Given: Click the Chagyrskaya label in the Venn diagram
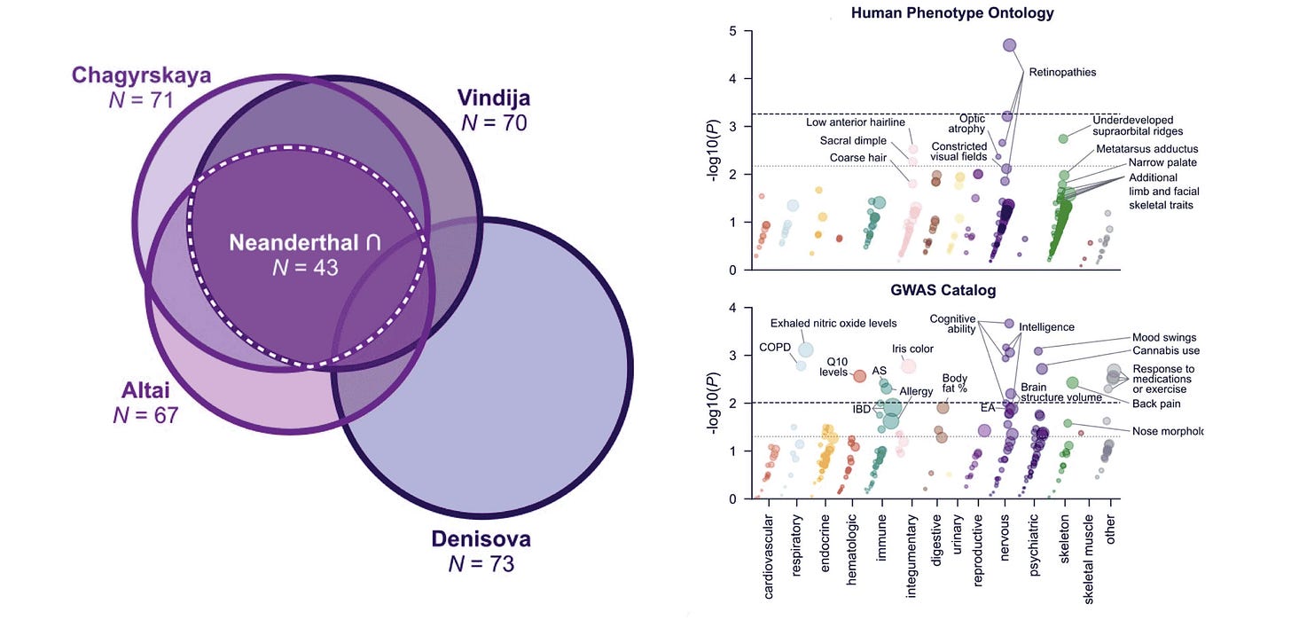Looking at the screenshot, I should pyautogui.click(x=143, y=75).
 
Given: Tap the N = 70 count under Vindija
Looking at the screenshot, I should pyautogui.click(x=494, y=122).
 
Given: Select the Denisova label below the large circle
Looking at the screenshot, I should pyautogui.click(x=481, y=538).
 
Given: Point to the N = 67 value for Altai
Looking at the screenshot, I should pyautogui.click(x=145, y=414).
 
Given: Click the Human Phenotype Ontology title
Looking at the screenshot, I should pyautogui.click(x=952, y=13).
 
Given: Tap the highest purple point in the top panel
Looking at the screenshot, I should pyautogui.click(x=1009, y=45).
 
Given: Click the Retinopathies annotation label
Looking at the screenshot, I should pyautogui.click(x=1062, y=73).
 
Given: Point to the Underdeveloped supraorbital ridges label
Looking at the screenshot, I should pyautogui.click(x=1145, y=125).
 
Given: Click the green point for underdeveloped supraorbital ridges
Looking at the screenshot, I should pyautogui.click(x=1063, y=139).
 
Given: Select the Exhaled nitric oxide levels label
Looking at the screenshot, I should pyautogui.click(x=833, y=324).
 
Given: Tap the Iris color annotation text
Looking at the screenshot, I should pyautogui.click(x=912, y=349).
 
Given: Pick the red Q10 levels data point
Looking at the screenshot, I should pyautogui.click(x=859, y=376).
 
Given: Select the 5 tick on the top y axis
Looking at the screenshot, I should pyautogui.click(x=732, y=31).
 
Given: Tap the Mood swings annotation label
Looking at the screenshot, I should pyautogui.click(x=1164, y=338).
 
